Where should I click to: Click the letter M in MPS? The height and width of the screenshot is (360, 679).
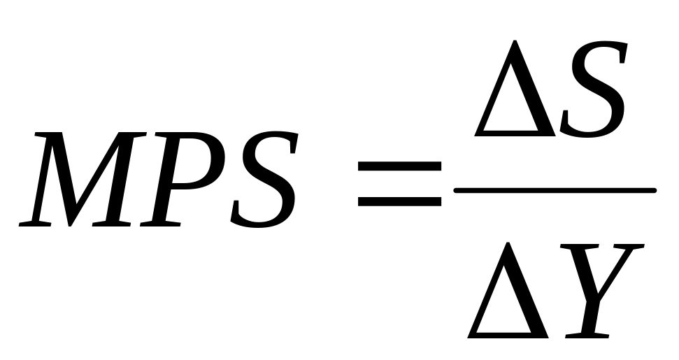[x=77, y=178]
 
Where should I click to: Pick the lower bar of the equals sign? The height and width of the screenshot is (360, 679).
[x=399, y=200]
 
